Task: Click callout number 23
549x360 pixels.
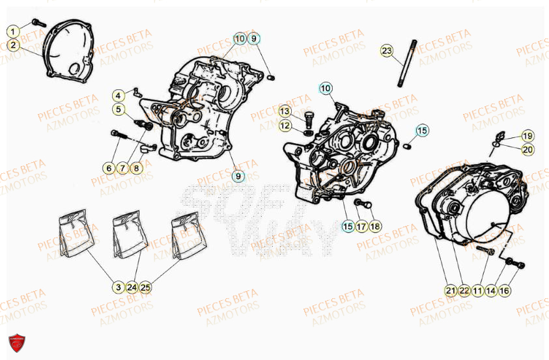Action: pos(387,51)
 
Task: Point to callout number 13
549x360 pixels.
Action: pos(285,111)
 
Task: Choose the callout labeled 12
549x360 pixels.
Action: pos(285,125)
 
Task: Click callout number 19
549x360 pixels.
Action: pos(527,136)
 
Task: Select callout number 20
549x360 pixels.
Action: pos(527,149)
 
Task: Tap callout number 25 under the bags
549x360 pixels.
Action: pos(145,286)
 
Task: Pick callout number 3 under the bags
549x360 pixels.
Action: pos(118,286)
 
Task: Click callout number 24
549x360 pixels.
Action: pos(132,286)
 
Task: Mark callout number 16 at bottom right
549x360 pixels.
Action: pos(504,291)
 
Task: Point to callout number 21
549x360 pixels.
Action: pos(450,291)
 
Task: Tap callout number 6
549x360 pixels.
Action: pos(108,168)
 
